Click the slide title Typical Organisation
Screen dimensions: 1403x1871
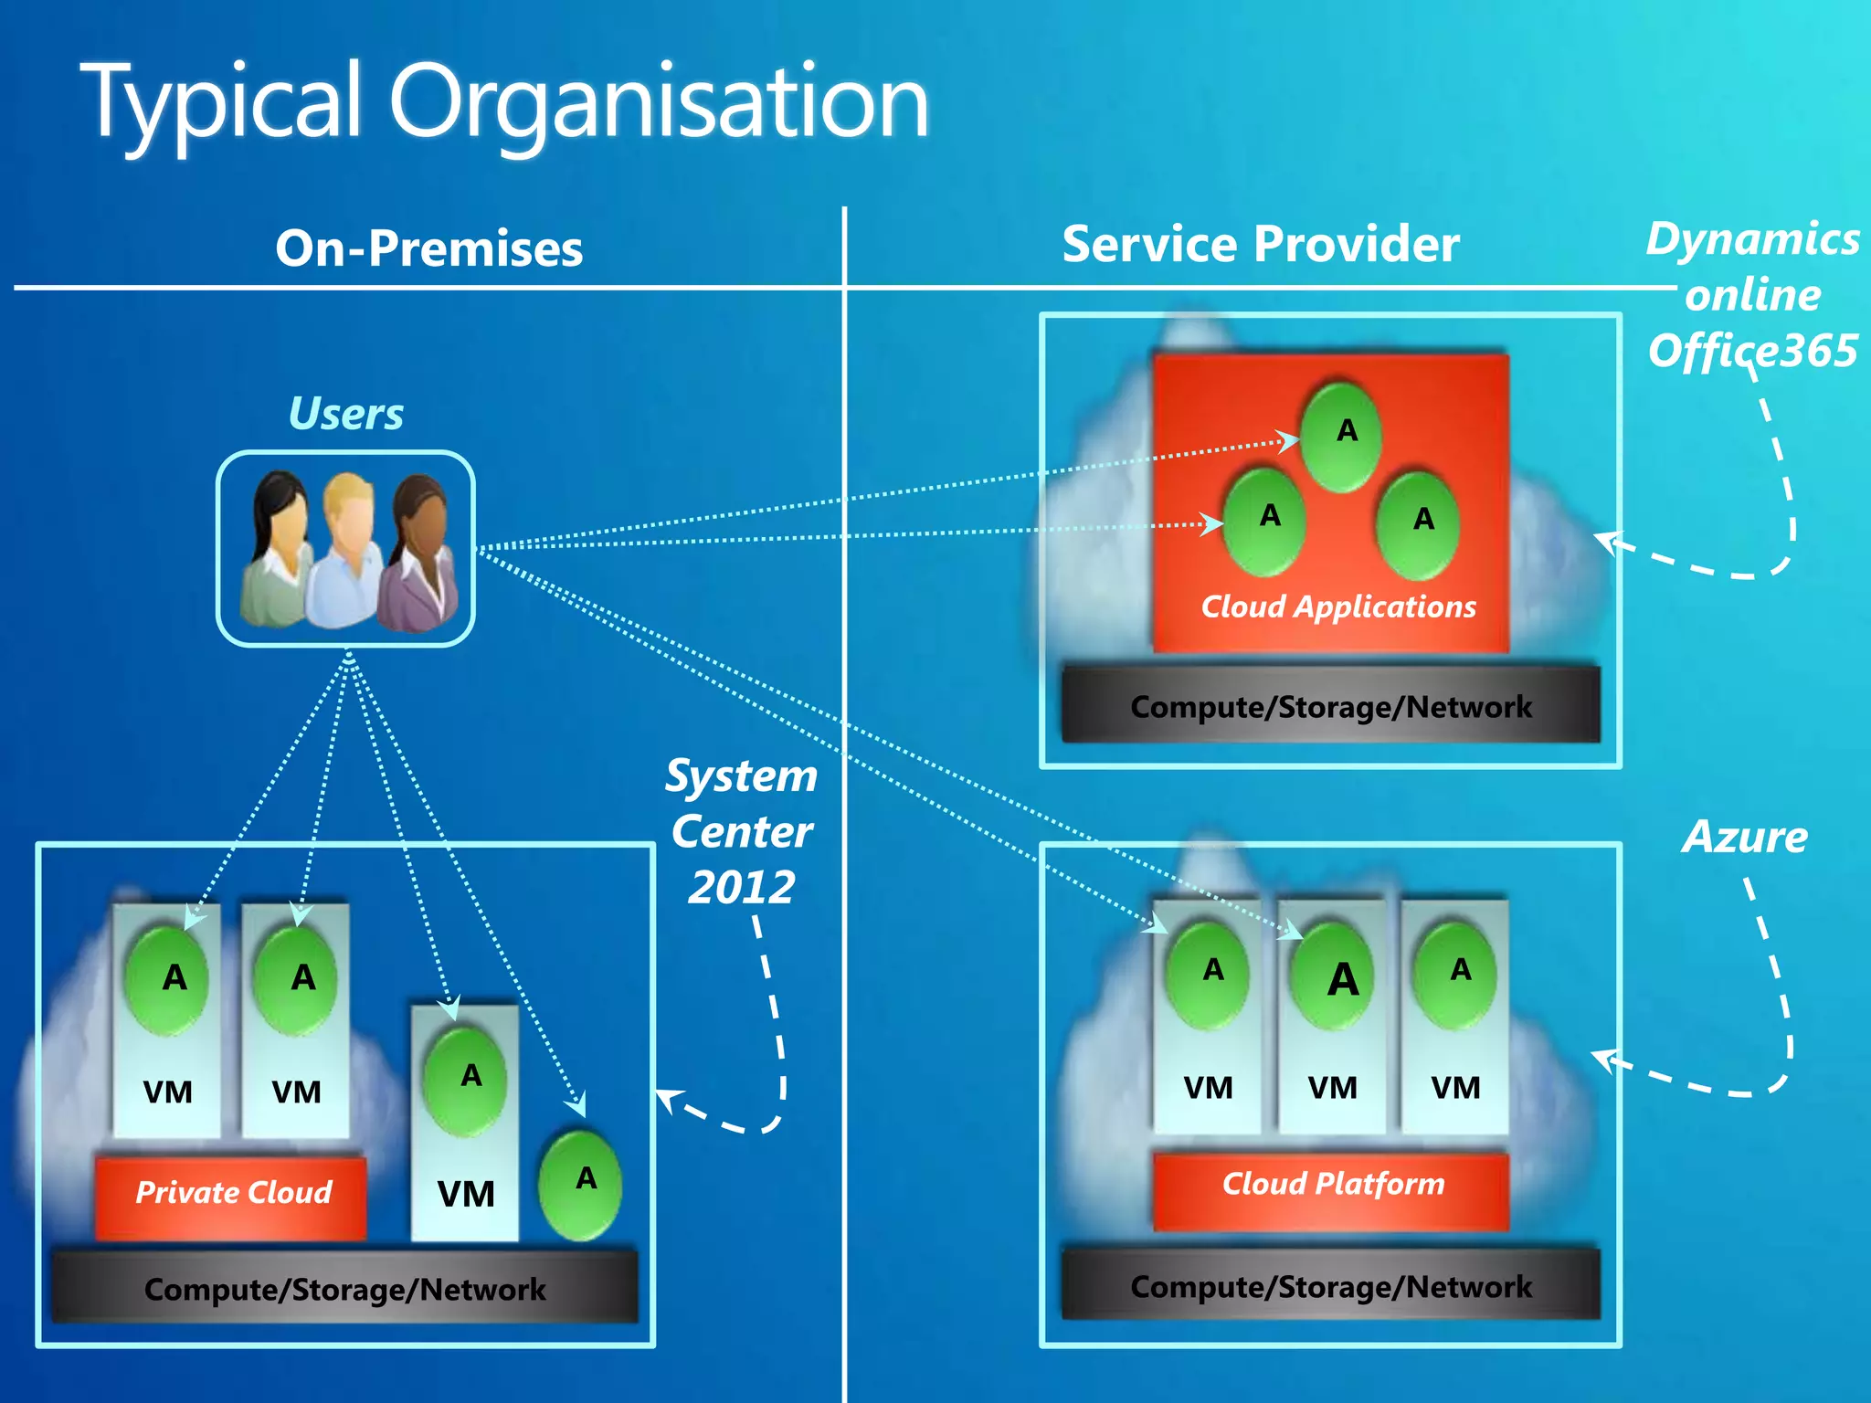508,102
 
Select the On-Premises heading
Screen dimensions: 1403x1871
428,248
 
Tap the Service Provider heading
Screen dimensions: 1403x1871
1260,245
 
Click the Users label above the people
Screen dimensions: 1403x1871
345,414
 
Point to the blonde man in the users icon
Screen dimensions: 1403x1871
344,548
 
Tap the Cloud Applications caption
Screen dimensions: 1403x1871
1337,607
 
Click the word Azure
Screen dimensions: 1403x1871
1744,837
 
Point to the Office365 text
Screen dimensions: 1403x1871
1752,352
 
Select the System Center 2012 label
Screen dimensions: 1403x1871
742,831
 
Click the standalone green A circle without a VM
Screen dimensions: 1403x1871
581,1184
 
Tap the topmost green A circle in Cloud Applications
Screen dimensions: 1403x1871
1341,437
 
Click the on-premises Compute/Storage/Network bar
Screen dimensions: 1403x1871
344,1289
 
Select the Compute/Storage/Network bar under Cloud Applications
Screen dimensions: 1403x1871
1330,706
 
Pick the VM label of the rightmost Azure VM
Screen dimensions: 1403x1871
1454,1088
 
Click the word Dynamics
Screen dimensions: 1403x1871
1752,239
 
